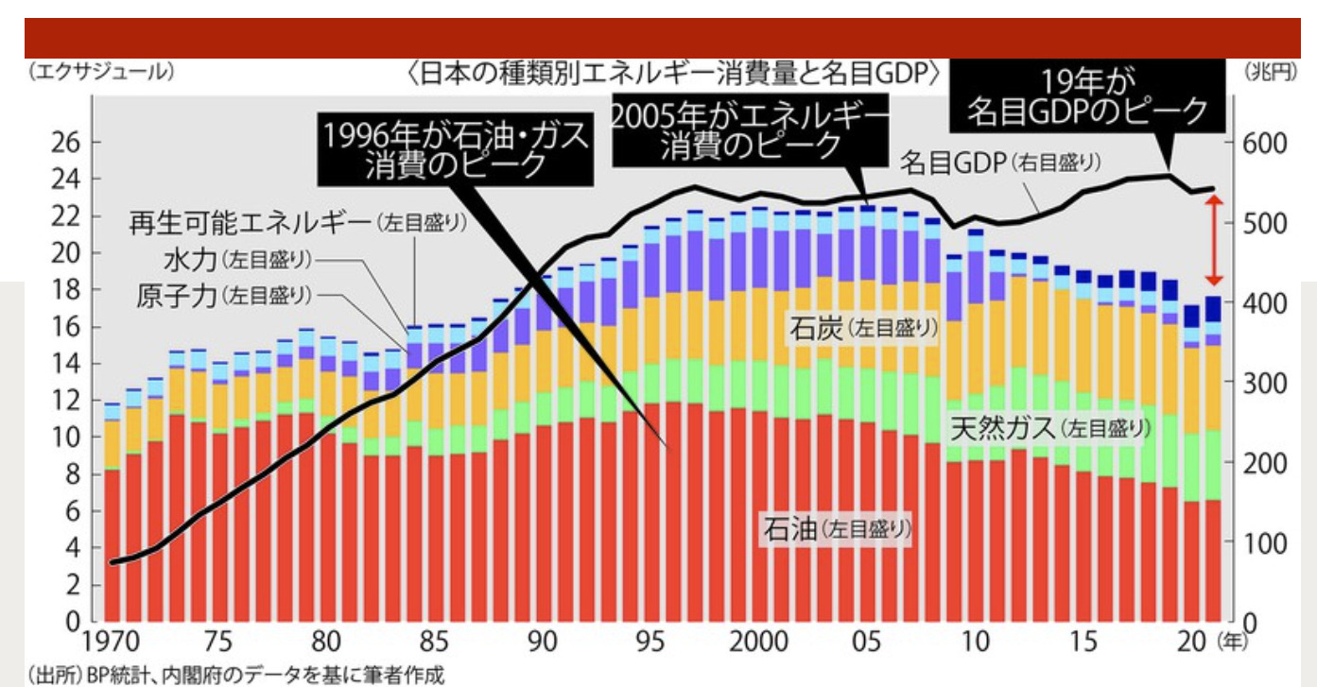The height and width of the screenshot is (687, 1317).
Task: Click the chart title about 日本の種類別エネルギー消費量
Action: (676, 74)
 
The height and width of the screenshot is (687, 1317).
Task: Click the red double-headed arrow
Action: (1214, 240)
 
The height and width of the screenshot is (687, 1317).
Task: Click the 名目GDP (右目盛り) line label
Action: (999, 162)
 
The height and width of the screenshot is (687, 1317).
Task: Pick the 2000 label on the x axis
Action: (759, 643)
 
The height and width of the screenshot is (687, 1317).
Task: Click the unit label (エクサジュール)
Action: (100, 72)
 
